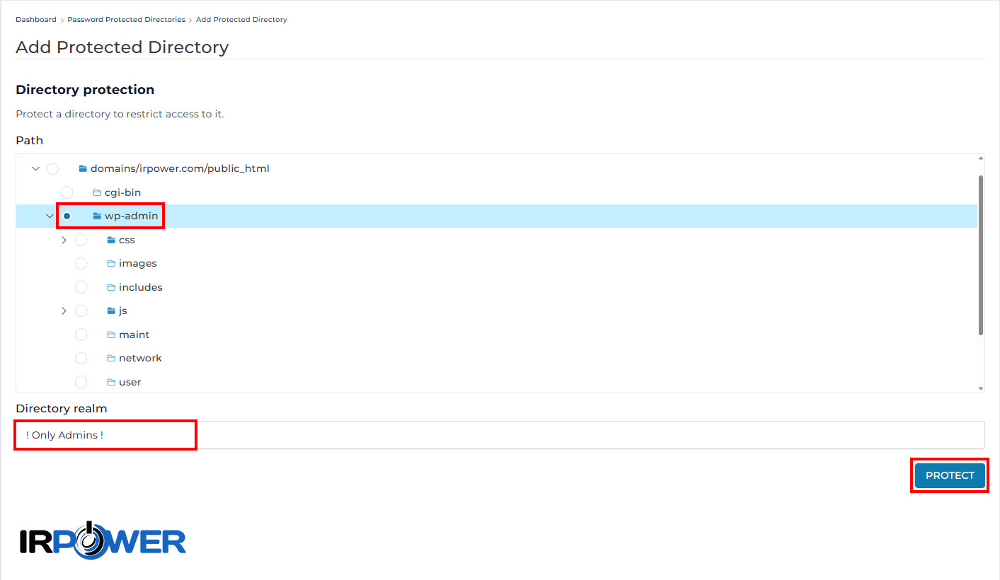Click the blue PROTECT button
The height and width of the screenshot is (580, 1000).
950,475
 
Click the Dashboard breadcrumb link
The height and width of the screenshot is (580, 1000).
35,20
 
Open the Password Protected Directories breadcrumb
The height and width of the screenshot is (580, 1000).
126,20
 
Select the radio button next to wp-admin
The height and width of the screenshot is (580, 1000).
67,216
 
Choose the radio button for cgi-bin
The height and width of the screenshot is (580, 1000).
67,192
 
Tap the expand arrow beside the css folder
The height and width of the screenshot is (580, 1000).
64,240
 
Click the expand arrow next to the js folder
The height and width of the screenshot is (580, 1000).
64,311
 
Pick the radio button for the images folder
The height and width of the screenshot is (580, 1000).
81,264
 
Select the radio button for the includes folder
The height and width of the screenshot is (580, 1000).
81,287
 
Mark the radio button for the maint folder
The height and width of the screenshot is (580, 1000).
81,335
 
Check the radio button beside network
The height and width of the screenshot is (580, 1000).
81,359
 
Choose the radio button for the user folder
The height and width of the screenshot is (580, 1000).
81,382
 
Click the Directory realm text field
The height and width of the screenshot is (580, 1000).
500,435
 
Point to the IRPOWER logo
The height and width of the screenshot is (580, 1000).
103,540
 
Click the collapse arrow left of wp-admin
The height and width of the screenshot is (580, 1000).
50,216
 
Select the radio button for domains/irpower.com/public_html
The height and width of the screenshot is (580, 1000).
52,168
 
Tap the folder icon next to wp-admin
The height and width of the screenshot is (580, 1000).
97,216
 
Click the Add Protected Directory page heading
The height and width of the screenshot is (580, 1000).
122,47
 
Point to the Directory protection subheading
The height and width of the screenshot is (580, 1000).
85,90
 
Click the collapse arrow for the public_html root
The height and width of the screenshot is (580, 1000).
35,168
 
